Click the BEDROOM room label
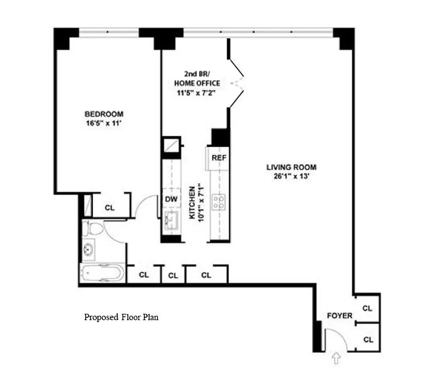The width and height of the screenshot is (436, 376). [104, 114]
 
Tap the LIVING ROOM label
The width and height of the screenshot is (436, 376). [291, 167]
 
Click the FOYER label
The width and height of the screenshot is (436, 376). [340, 316]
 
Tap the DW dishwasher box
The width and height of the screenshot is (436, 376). [171, 199]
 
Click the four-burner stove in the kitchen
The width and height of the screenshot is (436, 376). [218, 202]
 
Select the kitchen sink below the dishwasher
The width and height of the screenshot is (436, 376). [171, 220]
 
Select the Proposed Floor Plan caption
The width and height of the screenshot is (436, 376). [121, 317]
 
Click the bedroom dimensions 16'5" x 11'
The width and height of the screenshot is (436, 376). [104, 123]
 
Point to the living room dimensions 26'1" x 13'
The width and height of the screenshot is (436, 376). [291, 176]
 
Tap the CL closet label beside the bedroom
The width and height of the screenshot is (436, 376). [110, 208]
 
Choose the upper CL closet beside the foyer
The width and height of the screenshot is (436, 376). [367, 308]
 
